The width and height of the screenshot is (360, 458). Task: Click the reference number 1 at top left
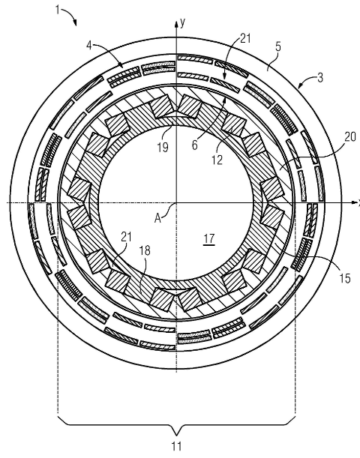click(x=58, y=10)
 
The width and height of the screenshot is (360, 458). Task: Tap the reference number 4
click(x=89, y=45)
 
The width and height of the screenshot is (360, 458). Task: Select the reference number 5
click(x=278, y=46)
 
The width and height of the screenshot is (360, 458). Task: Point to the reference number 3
click(x=320, y=78)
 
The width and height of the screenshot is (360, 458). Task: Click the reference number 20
click(x=349, y=137)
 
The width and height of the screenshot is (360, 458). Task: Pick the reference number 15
click(x=345, y=278)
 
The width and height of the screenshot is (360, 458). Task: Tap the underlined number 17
click(x=209, y=238)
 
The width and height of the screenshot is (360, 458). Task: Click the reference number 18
click(x=145, y=250)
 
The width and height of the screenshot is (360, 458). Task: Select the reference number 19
click(x=163, y=147)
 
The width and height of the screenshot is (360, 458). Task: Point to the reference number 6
click(x=195, y=145)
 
